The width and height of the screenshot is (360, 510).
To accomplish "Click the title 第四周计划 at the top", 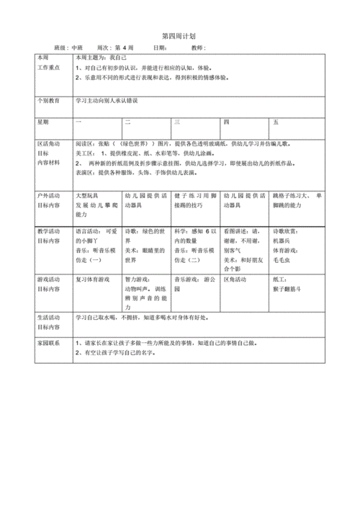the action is pos(179,35).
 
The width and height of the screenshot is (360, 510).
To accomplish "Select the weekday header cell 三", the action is pos(176,123).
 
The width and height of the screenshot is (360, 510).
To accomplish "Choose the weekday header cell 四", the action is pos(226,123).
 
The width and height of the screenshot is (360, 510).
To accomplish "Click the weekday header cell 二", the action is pos(127,123).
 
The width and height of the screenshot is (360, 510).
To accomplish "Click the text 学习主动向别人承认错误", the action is pos(106,101).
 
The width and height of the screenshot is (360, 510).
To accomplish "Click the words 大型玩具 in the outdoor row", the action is pos(89,196).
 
